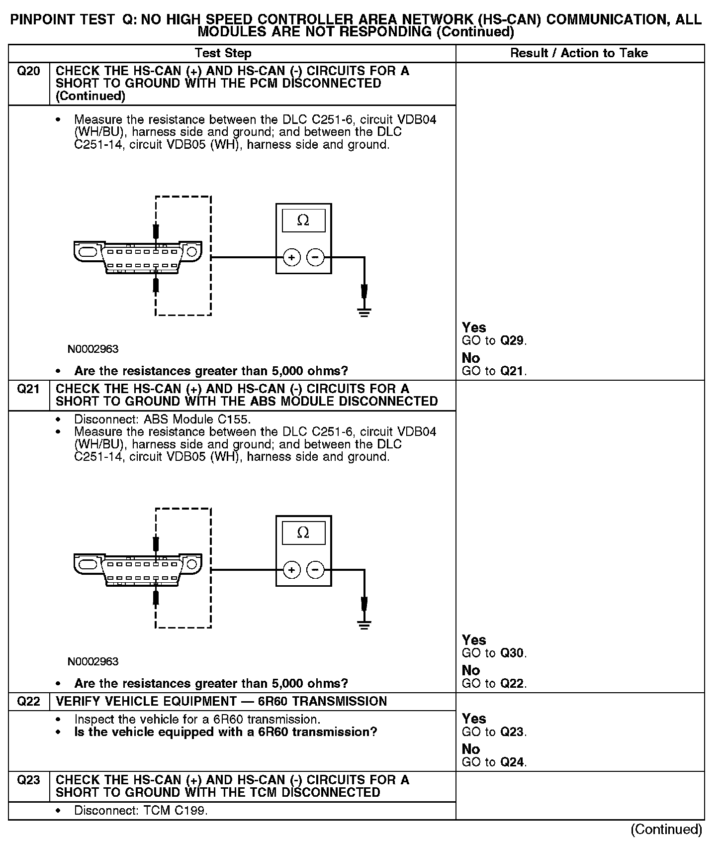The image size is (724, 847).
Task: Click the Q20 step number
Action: click(28, 71)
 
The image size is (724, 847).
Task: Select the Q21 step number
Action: click(28, 389)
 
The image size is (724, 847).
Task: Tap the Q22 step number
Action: click(28, 701)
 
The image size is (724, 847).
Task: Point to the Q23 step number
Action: click(28, 780)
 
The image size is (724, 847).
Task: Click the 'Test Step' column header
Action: click(223, 53)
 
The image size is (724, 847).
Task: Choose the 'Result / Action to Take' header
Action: click(579, 53)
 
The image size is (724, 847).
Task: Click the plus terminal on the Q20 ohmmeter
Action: click(292, 258)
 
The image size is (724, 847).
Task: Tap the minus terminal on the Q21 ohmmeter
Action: click(315, 570)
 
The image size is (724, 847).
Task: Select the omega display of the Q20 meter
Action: click(303, 220)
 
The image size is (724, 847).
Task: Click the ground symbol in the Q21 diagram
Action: click(364, 625)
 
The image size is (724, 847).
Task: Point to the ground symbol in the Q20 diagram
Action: click(364, 313)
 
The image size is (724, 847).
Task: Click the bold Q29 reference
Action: click(512, 341)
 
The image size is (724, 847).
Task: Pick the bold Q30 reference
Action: click(512, 653)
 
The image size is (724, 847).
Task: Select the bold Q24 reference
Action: click(512, 762)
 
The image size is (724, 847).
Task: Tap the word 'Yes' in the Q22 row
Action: click(474, 719)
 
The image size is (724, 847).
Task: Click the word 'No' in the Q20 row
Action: click(470, 358)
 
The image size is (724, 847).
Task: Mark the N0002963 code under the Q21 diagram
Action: click(93, 661)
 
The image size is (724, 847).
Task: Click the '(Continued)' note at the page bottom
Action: click(666, 830)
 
